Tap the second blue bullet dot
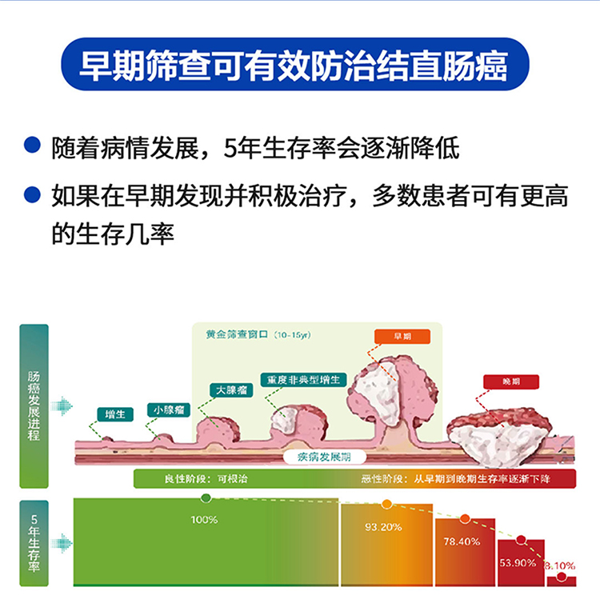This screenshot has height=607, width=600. point(33,194)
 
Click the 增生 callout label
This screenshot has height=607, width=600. point(114,414)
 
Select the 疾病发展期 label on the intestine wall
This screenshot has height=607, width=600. point(327,456)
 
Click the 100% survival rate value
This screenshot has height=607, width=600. point(204,520)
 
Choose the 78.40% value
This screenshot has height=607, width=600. point(462,541)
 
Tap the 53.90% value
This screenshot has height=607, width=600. point(518,563)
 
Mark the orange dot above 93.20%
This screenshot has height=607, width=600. point(386,504)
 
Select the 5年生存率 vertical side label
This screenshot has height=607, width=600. point(34,543)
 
